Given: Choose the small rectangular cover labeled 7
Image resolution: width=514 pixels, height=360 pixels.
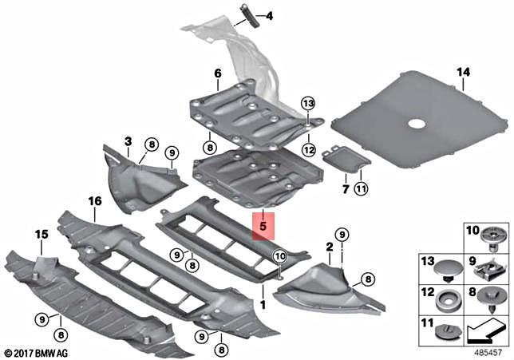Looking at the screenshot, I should click(346, 158).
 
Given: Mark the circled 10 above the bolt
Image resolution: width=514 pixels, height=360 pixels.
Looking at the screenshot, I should click(279, 255).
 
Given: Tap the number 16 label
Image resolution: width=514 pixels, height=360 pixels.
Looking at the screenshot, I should click(95, 202).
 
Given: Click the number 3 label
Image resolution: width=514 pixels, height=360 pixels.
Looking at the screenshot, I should click(127, 141).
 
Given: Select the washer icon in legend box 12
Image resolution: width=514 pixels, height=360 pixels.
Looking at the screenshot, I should click(445, 299).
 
